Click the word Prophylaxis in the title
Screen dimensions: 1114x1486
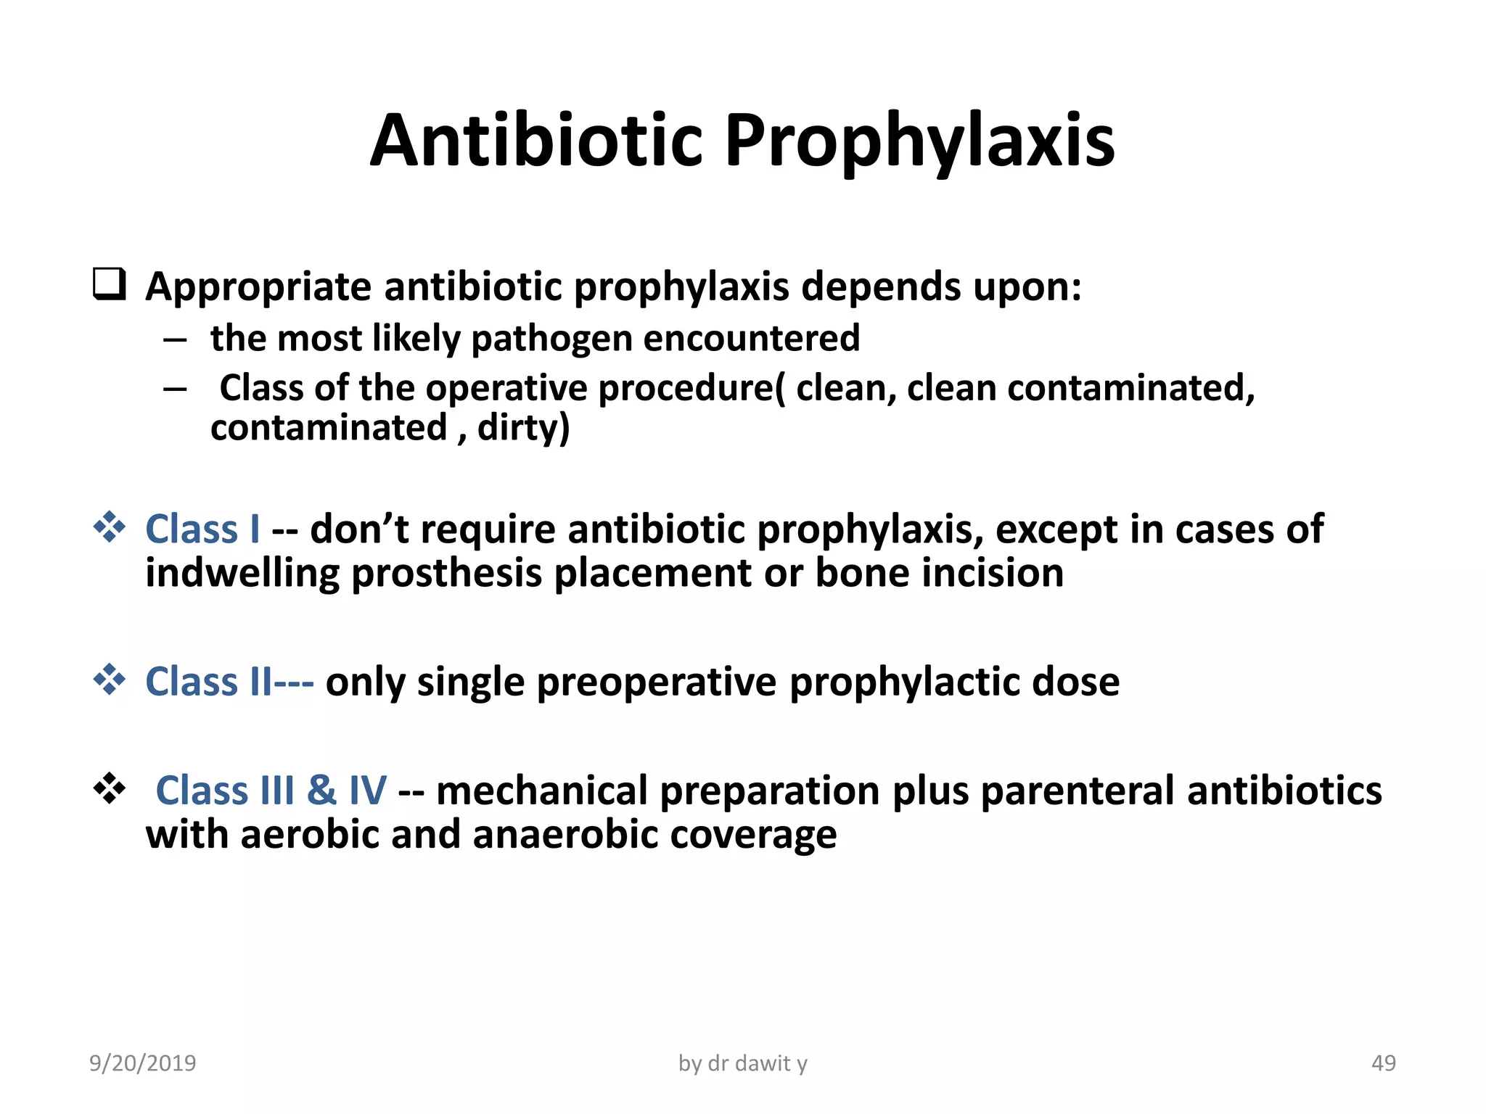coord(919,142)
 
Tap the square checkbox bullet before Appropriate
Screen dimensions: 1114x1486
coord(110,284)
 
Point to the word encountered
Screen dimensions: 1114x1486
coord(751,339)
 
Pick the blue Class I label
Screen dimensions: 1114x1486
coord(202,529)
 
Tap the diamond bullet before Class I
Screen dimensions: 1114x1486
coord(110,527)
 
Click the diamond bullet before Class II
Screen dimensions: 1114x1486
coord(110,680)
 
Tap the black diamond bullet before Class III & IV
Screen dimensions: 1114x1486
coord(110,788)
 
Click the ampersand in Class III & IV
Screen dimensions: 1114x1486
coord(321,791)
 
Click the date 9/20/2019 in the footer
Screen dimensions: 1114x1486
coord(142,1063)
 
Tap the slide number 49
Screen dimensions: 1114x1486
coord(1383,1063)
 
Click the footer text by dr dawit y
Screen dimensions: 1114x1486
coord(742,1063)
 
